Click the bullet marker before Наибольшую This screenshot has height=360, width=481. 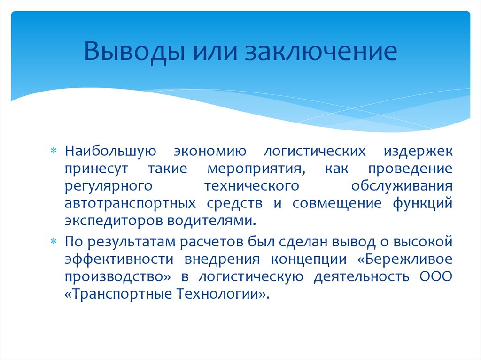pos(53,152)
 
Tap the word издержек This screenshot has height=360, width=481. pos(418,152)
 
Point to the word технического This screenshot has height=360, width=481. pos(252,186)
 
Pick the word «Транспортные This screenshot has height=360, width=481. pos(118,294)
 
